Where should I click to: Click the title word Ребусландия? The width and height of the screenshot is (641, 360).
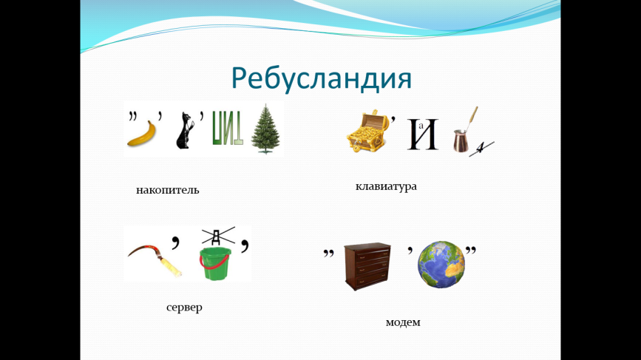click(322, 78)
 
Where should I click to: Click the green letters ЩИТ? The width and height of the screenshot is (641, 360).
click(228, 129)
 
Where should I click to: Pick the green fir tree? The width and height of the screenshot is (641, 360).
click(265, 129)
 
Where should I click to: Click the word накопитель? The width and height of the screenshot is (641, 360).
click(168, 190)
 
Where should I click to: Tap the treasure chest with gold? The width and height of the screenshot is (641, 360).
click(367, 132)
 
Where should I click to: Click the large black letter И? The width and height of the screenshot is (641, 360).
click(423, 135)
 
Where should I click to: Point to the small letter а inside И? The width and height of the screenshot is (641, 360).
click(421, 126)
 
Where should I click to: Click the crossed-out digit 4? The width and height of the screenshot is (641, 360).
click(481, 149)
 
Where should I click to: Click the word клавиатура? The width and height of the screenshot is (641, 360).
click(386, 186)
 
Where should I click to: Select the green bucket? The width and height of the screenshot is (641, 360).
click(215, 264)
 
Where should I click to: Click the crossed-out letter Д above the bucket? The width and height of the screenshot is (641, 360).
click(217, 236)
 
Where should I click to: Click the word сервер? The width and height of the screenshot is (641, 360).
click(184, 308)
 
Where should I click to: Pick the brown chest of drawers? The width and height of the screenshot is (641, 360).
click(367, 266)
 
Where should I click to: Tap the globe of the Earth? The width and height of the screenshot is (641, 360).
click(441, 265)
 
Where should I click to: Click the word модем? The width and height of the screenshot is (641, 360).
click(403, 322)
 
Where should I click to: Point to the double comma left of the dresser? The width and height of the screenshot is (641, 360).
click(329, 254)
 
